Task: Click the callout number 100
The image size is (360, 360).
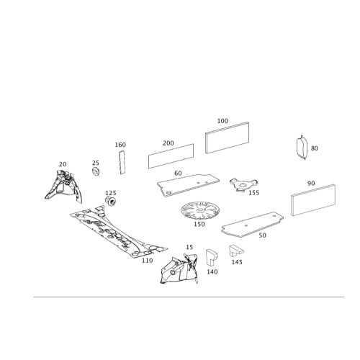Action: [x=222, y=121]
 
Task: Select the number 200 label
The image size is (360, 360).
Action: [x=168, y=143]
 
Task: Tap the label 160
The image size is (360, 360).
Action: [x=120, y=145]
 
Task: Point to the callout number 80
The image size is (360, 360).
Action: [x=315, y=148]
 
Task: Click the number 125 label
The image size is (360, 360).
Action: [x=111, y=193]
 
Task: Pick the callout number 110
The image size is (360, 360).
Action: [x=147, y=261]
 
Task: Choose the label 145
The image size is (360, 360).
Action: [x=237, y=262]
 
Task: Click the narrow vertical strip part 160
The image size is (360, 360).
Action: [x=122, y=162]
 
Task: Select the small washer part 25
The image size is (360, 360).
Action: [x=96, y=171]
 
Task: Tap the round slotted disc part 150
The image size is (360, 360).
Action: [x=200, y=210]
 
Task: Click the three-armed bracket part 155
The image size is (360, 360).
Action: [x=243, y=184]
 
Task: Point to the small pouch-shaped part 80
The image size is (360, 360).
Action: [x=302, y=148]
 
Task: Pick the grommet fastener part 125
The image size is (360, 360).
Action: [x=111, y=201]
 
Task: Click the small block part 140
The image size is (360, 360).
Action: [x=211, y=257]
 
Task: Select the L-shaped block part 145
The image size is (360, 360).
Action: [x=236, y=251]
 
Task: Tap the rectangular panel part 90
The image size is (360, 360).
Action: [x=313, y=200]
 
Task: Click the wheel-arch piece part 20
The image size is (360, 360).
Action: [x=63, y=186]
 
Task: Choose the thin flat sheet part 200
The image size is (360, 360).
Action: [x=171, y=156]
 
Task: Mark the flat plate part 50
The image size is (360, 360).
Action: [x=252, y=225]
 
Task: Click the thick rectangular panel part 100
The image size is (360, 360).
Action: [x=227, y=138]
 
